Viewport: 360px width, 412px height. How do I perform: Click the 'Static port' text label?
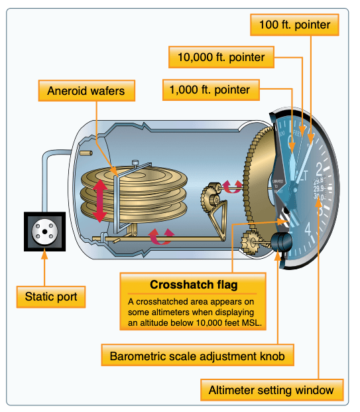pyautogui.click(x=52, y=297)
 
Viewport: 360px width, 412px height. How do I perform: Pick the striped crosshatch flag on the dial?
pyautogui.click(x=286, y=214)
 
